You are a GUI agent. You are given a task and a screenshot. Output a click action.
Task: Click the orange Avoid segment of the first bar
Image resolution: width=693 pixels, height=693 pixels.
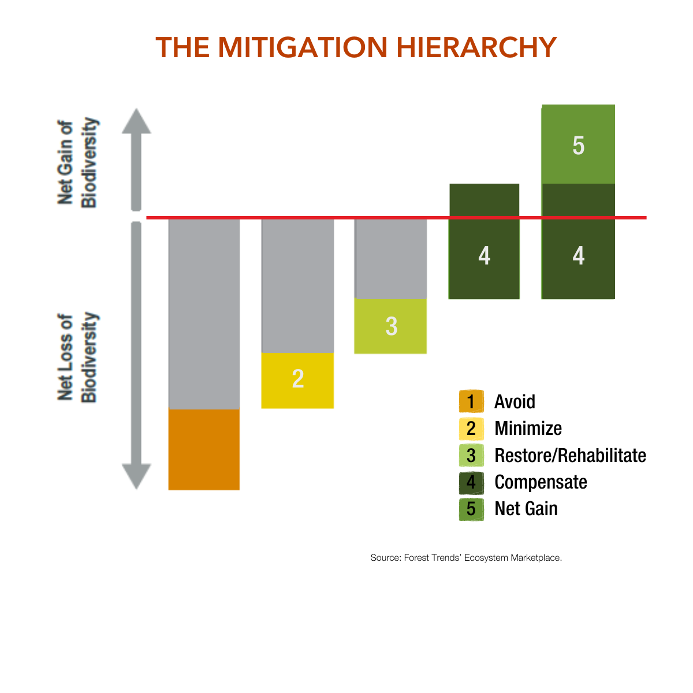coord(204,449)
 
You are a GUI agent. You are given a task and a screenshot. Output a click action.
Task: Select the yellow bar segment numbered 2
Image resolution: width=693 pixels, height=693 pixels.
coord(297,380)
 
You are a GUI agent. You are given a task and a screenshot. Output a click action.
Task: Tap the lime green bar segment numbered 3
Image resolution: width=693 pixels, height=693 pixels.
coord(390,326)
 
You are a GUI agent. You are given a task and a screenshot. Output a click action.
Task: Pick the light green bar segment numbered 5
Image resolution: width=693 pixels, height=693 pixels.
coord(578,144)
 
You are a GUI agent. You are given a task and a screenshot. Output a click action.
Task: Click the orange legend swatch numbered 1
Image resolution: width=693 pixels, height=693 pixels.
coord(471,401)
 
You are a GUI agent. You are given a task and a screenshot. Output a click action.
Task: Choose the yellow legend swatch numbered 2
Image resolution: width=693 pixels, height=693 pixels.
coord(471,429)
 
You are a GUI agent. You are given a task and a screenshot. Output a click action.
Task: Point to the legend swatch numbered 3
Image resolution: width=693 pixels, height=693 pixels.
coord(471,456)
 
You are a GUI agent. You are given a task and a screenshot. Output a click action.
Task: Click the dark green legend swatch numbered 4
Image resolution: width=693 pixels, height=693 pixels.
coord(471,482)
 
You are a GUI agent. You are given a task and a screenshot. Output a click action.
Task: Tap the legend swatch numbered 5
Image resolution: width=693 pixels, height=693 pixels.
coord(471,509)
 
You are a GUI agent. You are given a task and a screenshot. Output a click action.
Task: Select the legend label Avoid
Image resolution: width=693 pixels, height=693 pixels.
coord(515,401)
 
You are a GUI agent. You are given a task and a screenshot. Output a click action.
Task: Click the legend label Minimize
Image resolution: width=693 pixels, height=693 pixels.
coord(528,429)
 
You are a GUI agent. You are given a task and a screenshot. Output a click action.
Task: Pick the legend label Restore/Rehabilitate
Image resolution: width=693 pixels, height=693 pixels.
coord(570,456)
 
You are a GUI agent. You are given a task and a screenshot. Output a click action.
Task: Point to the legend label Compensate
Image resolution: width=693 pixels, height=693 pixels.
coord(541,482)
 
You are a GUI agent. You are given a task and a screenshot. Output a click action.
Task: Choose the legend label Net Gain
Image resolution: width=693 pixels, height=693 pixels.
coord(526,509)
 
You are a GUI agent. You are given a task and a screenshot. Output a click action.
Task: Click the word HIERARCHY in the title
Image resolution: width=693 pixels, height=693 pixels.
coord(476,47)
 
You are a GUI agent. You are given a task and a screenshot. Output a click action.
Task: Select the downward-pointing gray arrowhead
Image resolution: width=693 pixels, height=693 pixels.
coord(136,476)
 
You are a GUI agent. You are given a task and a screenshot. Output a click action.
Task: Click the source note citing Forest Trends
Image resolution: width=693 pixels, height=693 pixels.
coord(466,558)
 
